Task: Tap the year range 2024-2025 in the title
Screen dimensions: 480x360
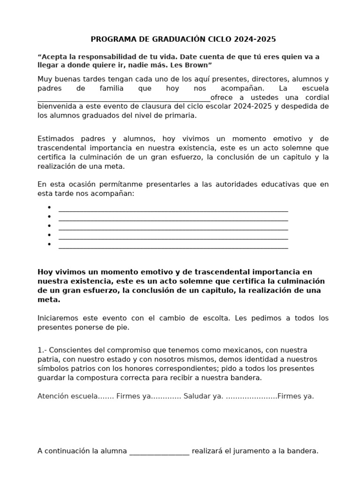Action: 256,39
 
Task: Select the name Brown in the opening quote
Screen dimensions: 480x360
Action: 201,65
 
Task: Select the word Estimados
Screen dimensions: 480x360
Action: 55,139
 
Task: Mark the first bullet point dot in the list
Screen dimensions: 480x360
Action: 49,207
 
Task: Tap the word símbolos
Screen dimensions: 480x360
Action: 52,368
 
